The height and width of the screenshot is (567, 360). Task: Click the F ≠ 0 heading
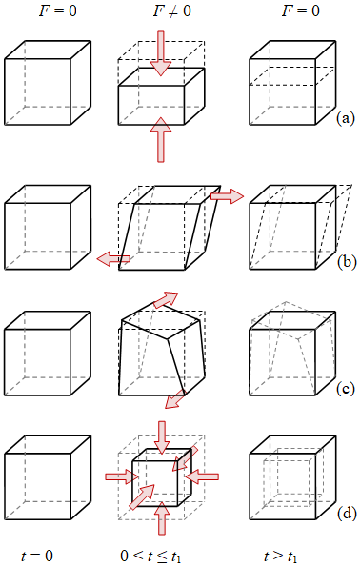(x=171, y=10)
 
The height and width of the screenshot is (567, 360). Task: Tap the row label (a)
(x=346, y=118)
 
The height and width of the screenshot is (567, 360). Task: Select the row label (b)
(x=347, y=261)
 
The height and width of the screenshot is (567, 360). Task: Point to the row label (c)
(x=346, y=389)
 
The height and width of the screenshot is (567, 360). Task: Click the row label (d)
(x=347, y=513)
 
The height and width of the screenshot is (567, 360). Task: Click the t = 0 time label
(x=37, y=556)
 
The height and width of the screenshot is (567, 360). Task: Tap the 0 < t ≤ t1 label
(x=150, y=557)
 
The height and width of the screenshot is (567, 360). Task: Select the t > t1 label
(x=281, y=557)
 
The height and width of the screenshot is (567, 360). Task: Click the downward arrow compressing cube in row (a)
(x=161, y=53)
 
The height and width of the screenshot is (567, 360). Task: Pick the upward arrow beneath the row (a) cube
(x=161, y=139)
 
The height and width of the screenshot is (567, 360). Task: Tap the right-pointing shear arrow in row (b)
(x=227, y=196)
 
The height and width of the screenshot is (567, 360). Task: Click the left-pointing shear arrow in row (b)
(x=113, y=259)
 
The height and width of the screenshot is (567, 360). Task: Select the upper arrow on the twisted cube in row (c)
(x=166, y=300)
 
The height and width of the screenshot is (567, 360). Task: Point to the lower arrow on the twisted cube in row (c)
(x=174, y=400)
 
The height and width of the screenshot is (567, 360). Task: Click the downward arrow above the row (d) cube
(x=162, y=437)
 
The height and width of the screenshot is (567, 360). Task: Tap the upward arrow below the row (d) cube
(x=162, y=518)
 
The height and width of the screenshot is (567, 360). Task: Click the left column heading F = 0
(x=58, y=10)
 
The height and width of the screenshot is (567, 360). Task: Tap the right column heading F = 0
(x=301, y=10)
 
